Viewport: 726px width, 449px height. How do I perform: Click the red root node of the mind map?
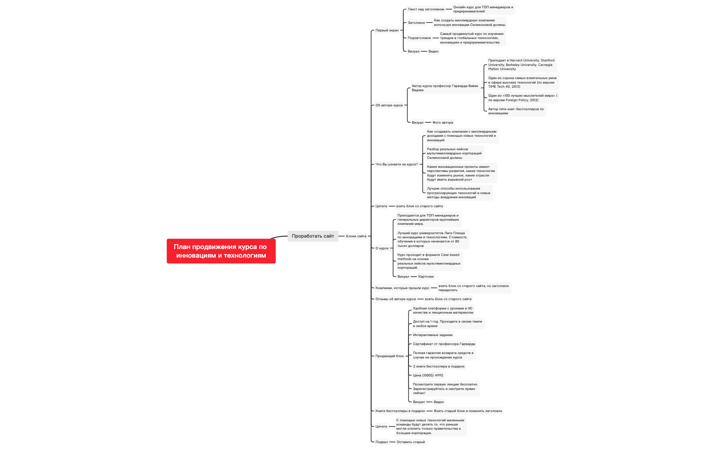[x=221, y=251]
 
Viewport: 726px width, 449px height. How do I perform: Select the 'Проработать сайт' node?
[x=313, y=236]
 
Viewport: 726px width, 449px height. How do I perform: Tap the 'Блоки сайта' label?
[x=356, y=236]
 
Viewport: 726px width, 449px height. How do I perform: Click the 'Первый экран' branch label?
[x=387, y=30]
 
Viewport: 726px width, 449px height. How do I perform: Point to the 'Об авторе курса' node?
[x=389, y=105]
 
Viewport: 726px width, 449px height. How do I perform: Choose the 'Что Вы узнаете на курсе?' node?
[x=397, y=164]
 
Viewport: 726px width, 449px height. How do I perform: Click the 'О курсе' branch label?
[x=382, y=248]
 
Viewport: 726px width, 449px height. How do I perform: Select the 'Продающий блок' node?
[x=390, y=356]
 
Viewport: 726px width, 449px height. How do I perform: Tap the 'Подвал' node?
[x=381, y=442]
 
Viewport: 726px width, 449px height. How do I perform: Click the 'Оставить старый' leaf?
[x=411, y=442]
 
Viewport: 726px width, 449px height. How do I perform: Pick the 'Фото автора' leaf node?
[x=443, y=123]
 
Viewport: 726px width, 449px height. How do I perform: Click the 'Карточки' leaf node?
[x=426, y=277]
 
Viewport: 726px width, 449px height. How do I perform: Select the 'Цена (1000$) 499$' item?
[x=428, y=375]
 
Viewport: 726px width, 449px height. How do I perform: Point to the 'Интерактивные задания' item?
[x=432, y=335]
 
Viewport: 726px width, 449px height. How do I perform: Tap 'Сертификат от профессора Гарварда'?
[x=444, y=344]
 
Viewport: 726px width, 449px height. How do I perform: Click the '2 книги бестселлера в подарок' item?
[x=439, y=366]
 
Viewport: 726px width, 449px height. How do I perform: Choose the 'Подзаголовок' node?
[x=419, y=38]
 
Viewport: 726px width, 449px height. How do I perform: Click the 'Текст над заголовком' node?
[x=426, y=9]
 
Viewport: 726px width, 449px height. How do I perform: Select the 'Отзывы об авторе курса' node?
[x=395, y=299]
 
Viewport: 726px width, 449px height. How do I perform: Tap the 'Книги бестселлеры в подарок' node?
[x=400, y=411]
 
